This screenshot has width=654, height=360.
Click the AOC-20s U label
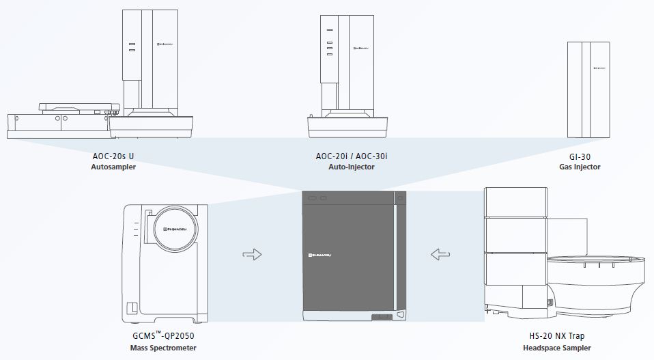point(113,156)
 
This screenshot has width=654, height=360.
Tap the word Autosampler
point(113,167)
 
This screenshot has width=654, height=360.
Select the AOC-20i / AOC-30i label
point(351,156)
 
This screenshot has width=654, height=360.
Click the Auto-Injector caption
point(351,167)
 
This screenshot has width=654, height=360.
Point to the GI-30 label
point(580,157)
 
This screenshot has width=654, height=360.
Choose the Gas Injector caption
point(580,167)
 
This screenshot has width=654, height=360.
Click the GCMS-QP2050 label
point(163,335)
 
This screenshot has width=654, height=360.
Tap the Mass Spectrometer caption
point(163,348)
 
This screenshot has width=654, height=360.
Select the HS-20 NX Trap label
point(557,336)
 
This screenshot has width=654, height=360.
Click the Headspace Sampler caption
point(557,348)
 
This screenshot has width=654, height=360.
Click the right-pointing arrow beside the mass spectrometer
point(252,254)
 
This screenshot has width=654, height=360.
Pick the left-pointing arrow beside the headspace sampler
point(440,254)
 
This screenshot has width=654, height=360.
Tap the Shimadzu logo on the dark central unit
point(319,255)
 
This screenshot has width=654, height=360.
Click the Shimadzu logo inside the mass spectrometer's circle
point(175,229)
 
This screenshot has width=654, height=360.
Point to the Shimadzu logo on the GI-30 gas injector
point(599,68)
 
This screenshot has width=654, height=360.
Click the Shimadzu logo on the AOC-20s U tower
point(165,44)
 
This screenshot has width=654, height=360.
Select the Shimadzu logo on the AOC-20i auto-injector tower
point(361,49)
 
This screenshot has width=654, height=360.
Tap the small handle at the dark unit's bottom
point(382,317)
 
